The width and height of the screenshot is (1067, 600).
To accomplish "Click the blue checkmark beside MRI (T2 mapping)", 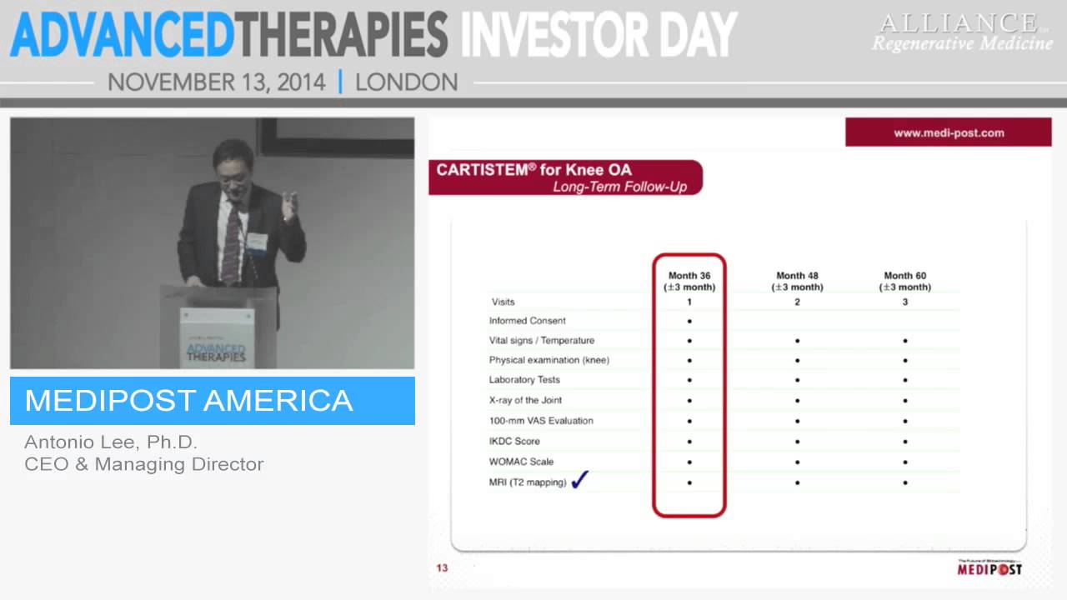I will click(580, 480).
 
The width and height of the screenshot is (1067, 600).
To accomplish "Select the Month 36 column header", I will click(689, 281).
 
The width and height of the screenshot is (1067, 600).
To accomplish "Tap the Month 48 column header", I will click(797, 281).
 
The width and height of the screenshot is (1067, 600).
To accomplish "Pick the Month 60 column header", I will click(904, 281).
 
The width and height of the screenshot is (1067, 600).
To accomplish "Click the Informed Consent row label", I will click(527, 321).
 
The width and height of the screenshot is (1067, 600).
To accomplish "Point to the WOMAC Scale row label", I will click(521, 462).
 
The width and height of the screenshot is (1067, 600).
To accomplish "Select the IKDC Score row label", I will click(514, 441).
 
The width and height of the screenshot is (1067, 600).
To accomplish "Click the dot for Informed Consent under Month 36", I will click(689, 321).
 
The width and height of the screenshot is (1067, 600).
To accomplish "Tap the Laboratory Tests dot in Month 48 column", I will click(797, 381).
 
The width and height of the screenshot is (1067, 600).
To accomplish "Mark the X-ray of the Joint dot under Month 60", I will click(904, 401).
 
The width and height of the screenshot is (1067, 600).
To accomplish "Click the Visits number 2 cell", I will click(797, 302).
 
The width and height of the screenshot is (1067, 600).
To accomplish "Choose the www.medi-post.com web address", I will click(949, 132).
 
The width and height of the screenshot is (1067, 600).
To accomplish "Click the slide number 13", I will click(442, 568).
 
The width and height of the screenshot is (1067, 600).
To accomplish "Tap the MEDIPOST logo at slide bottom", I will click(989, 569).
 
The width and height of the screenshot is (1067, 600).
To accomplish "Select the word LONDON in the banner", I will click(406, 82).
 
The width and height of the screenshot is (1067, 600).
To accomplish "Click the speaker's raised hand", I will click(288, 204).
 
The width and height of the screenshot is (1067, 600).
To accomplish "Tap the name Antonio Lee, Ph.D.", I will click(111, 442).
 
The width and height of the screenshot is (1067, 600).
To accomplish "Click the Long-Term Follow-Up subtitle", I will click(619, 187).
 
